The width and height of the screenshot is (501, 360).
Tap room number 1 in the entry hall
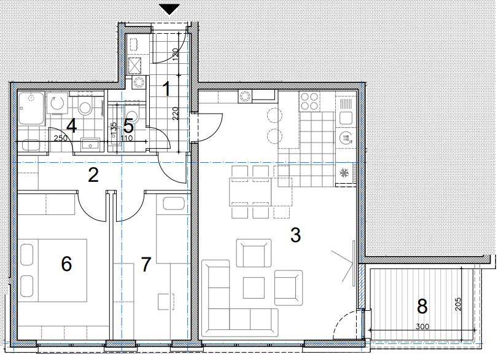coord(166,88)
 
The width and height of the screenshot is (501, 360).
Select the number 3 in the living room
coord(295,235)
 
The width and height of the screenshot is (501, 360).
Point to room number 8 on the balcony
coord(422,307)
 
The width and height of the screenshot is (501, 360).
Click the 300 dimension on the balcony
coord(422,327)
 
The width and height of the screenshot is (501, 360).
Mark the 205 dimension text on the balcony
coord(458,305)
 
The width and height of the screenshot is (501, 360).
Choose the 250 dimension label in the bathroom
coord(61,138)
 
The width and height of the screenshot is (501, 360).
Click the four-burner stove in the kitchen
coord(309,101)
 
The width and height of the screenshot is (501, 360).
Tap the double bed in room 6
coord(53,270)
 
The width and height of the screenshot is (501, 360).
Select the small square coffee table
coord(254,288)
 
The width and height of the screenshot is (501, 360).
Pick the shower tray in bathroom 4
coord(31,109)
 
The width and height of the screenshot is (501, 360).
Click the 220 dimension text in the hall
coord(176,114)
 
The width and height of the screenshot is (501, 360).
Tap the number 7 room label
coord(146,264)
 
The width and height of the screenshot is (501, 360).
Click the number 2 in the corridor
coord(93,175)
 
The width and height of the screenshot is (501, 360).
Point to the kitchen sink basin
coord(346,118)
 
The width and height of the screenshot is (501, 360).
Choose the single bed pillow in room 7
coord(174,204)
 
